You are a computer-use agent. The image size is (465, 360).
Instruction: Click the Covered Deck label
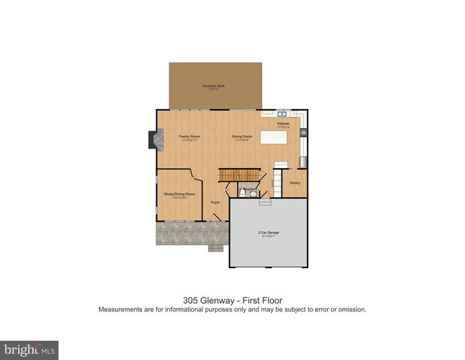tap(213, 86)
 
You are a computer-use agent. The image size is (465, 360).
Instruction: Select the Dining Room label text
tap(242, 136)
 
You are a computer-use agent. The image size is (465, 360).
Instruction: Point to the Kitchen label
tap(284, 123)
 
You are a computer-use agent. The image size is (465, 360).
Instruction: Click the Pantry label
tap(295, 183)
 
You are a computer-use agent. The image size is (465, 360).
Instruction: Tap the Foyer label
tap(215, 202)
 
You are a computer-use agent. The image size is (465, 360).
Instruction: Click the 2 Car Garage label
tap(267, 232)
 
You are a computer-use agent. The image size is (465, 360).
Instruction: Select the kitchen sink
tap(282, 114)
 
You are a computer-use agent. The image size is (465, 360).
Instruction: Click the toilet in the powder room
tap(242, 193)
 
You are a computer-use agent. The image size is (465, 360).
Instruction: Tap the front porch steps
tap(215, 247)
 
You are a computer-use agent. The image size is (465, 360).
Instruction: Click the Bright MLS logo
tap(29, 350)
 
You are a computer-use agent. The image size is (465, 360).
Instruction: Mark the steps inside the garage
tap(265, 202)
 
